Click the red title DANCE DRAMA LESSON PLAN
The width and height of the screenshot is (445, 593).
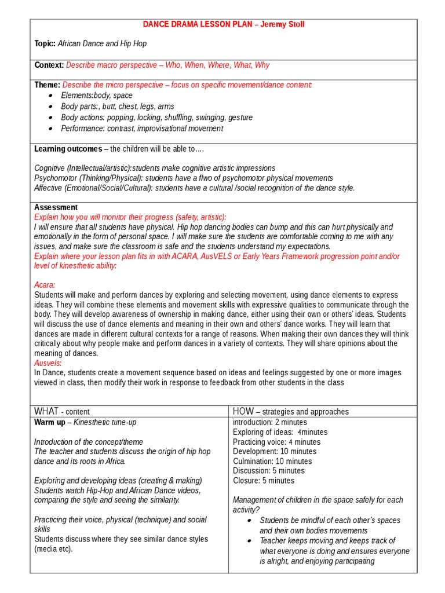196,24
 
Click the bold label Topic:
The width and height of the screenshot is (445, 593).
45,43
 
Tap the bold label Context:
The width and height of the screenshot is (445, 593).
49,65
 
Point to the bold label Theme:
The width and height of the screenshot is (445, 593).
47,85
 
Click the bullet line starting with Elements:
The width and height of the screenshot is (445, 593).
97,96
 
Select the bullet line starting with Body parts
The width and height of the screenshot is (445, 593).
117,107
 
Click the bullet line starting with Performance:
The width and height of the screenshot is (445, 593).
142,129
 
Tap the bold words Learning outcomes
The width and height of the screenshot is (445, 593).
68,149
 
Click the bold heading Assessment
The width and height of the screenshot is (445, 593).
56,207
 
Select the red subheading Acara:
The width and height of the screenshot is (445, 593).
45,285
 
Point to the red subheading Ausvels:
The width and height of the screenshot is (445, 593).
49,363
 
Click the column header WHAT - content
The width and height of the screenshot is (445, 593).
62,411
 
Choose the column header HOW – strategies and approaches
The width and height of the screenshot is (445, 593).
291,411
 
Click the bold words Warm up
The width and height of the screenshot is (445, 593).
49,422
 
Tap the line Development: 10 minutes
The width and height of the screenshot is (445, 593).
275,451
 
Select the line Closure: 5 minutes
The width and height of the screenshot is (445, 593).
264,480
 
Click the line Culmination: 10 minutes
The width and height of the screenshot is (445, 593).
272,461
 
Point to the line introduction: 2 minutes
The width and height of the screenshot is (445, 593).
269,422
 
